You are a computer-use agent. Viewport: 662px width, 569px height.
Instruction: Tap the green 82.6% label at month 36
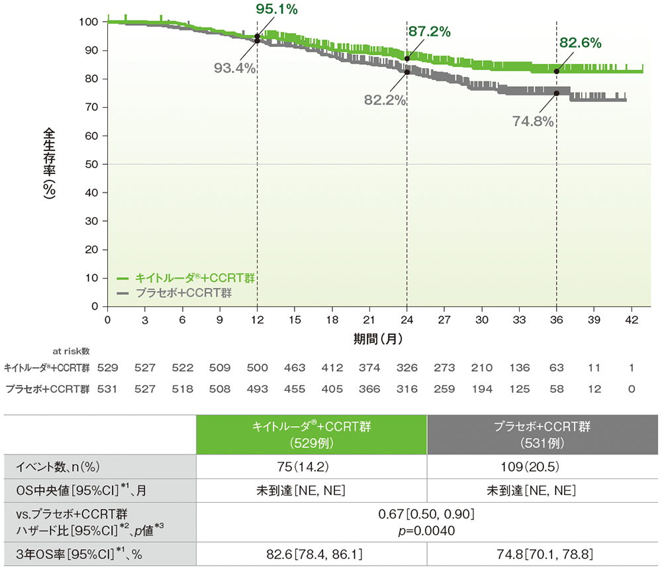point(581,44)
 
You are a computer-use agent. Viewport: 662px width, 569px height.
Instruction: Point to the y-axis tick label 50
point(91,164)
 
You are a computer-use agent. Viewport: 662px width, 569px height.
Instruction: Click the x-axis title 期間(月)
point(378,338)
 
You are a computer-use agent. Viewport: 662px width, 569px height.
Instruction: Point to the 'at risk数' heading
point(71,351)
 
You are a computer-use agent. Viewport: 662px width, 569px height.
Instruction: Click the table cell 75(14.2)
point(311,467)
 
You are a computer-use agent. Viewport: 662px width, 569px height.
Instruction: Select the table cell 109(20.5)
point(542,467)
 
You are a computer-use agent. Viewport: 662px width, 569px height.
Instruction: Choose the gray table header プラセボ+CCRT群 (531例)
point(542,435)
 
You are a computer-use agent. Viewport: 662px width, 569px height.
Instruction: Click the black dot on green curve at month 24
point(406,58)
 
